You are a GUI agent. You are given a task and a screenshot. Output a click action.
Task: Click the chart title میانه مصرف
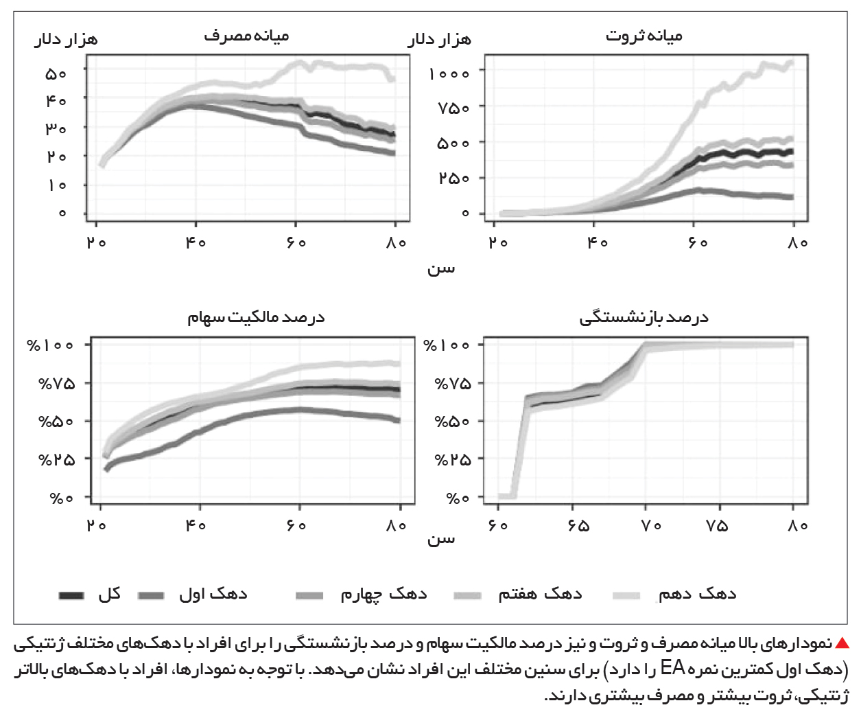[x=246, y=36]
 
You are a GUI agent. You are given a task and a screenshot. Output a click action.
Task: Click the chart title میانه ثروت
[x=644, y=36]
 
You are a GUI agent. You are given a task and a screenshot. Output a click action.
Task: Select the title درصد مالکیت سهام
[x=256, y=317]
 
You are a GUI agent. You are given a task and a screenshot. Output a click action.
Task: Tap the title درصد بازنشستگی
[x=644, y=317]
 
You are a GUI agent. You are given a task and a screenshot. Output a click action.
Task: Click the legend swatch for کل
[x=71, y=595]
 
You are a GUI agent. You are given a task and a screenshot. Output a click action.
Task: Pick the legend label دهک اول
[x=213, y=595]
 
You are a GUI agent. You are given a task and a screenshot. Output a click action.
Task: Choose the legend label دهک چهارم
[x=384, y=595]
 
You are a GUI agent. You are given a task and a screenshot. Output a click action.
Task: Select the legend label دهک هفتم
[x=540, y=595]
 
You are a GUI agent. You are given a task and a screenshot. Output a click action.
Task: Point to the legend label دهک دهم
[x=697, y=595]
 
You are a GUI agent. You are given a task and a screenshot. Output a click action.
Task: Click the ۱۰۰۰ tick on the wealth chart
[x=449, y=74]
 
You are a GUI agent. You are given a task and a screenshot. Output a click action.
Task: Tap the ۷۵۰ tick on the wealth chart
[x=453, y=108]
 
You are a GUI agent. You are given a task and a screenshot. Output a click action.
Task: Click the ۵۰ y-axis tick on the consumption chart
[x=56, y=74]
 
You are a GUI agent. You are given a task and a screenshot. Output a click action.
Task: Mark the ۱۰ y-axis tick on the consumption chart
[x=58, y=185]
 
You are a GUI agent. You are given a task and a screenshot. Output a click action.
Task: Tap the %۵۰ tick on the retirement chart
[x=453, y=422]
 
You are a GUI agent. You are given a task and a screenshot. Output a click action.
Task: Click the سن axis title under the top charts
[x=441, y=269]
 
